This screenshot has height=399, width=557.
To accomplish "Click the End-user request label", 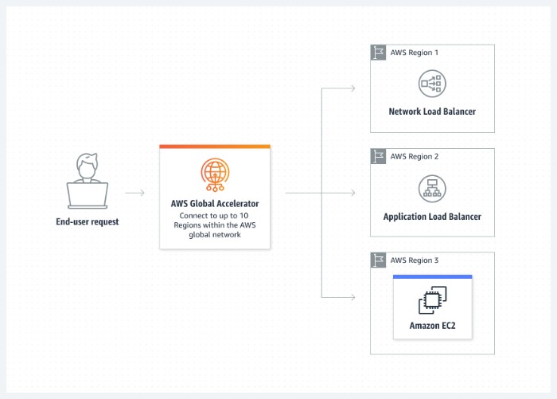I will tap(88, 221).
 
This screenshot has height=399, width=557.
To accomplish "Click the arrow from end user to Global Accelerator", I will tap(135, 193).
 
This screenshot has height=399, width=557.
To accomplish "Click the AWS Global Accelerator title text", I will tap(215, 204).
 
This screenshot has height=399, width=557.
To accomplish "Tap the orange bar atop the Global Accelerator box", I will tap(215, 147).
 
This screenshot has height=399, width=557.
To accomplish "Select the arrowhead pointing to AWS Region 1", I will tap(353, 88).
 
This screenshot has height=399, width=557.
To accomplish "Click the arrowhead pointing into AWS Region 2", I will tap(353, 193).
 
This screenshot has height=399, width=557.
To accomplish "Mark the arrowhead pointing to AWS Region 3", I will tap(353, 297).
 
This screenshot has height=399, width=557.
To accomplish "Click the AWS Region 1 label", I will tap(414, 53).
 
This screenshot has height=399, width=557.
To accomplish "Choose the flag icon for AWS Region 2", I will tap(379, 156).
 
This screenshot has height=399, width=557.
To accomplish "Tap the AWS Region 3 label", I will tap(414, 260).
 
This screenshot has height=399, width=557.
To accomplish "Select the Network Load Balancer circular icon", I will tap(432, 84).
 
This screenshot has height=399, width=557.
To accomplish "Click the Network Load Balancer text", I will tap(432, 111).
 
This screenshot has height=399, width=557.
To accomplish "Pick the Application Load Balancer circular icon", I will tap(432, 188).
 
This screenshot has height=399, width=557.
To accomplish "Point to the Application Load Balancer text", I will tap(432, 217).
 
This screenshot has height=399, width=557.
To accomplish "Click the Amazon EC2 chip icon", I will tap(432, 299).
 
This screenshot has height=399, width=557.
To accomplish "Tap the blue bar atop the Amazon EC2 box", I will tap(432, 277).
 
